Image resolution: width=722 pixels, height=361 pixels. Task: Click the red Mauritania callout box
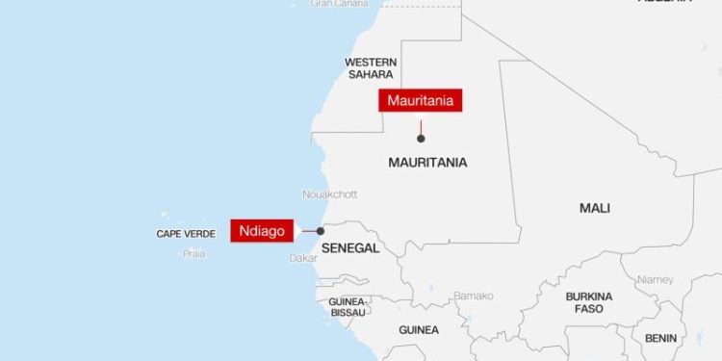[x=421, y=100]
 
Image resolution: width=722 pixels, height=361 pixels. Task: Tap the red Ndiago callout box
[x=262, y=231]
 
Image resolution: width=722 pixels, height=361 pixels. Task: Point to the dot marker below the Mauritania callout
[x=421, y=139]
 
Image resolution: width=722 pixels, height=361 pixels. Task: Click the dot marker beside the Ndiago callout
[x=321, y=231]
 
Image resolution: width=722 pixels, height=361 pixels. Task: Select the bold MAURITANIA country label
[x=427, y=162]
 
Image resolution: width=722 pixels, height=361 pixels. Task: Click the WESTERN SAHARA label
[x=370, y=68]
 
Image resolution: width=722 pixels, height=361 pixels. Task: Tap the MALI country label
[x=595, y=208]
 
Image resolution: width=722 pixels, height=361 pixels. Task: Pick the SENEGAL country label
[x=350, y=248]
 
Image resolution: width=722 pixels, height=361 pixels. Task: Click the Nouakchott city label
[x=329, y=193]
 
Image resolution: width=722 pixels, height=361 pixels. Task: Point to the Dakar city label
[x=302, y=258]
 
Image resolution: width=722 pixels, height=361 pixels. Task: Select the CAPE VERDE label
[x=185, y=233]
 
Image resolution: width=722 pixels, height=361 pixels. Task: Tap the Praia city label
[x=194, y=254]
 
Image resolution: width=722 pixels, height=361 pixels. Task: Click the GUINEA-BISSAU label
[x=348, y=307]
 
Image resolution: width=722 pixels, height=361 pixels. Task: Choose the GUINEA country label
[x=419, y=330]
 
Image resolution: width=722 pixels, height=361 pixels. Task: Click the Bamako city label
[x=473, y=296]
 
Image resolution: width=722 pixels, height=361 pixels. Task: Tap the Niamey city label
[x=656, y=279]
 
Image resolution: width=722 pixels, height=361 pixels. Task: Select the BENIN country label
[x=660, y=338]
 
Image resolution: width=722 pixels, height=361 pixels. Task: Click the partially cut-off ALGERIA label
[x=664, y=3]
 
